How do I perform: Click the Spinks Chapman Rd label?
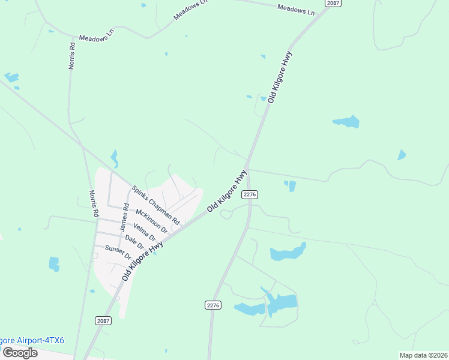pyautogui.click(x=155, y=205)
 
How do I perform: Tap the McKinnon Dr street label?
pyautogui.click(x=151, y=221)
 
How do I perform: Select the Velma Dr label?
pyautogui.click(x=144, y=232)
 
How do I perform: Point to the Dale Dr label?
pyautogui.click(x=134, y=242)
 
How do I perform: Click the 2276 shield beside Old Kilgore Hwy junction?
pyautogui.click(x=250, y=194)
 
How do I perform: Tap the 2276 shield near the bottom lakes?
pyautogui.click(x=213, y=305)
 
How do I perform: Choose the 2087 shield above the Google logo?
pyautogui.click(x=103, y=321)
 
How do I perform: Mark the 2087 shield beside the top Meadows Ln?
pyautogui.click(x=333, y=3)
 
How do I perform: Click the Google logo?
pyautogui.click(x=19, y=352)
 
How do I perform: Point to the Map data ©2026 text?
pyautogui.click(x=423, y=355)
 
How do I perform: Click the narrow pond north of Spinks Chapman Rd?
pyautogui.click(x=114, y=158)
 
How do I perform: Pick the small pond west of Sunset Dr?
pyautogui.click(x=54, y=263)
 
